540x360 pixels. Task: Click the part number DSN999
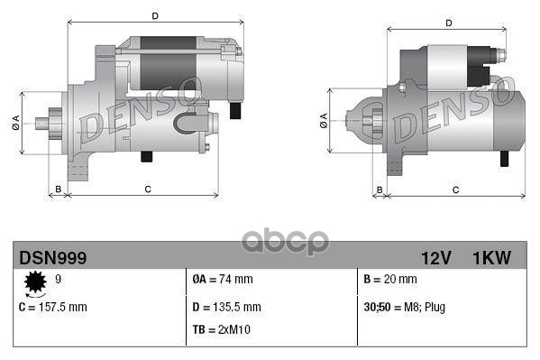[53, 258]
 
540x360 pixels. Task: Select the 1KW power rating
[491, 258]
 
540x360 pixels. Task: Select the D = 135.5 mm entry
[227, 307]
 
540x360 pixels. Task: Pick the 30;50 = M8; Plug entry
[404, 307]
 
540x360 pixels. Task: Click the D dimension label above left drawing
[155, 15]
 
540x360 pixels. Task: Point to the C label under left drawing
[147, 189]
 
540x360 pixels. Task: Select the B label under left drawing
[59, 189]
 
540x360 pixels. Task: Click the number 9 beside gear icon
[59, 281]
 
